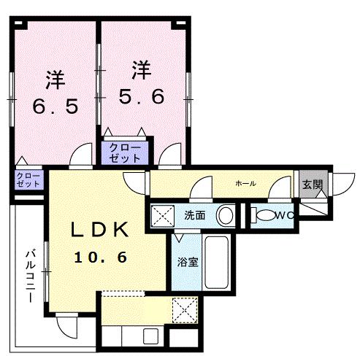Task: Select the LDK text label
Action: tap(100, 231)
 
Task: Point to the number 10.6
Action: tap(101, 257)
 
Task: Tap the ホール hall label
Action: tap(245, 183)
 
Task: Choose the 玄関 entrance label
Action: tap(313, 184)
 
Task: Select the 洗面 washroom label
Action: tap(194, 216)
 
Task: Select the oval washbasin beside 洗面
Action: tap(227, 216)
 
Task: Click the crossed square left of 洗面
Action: tap(161, 216)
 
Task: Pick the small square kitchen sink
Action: tap(151, 337)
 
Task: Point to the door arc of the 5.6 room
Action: tap(170, 155)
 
